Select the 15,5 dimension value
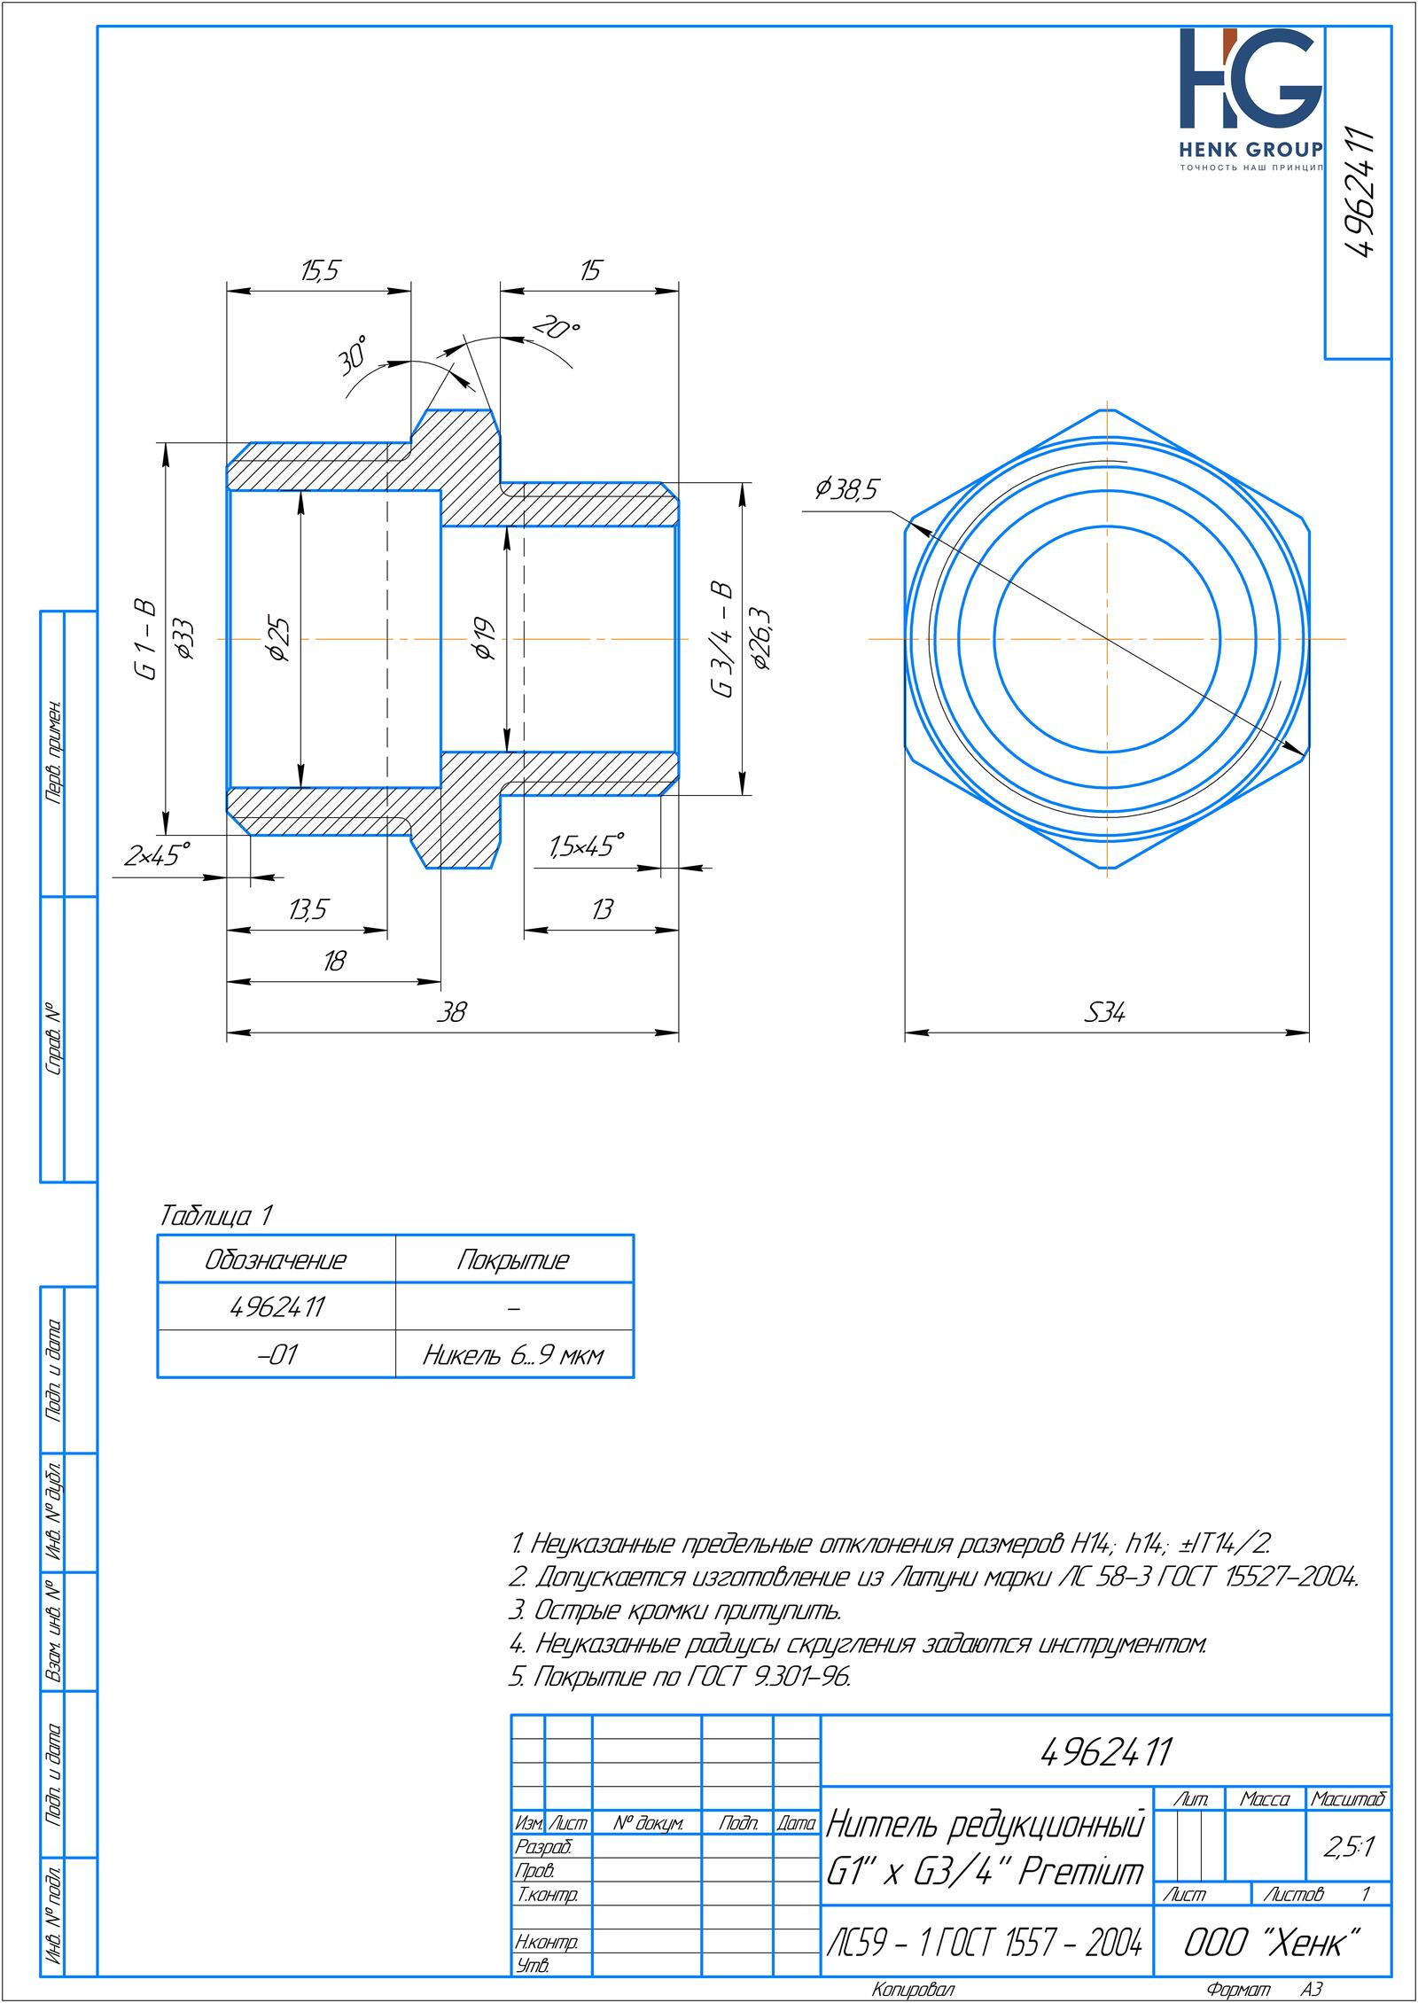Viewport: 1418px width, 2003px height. [320, 271]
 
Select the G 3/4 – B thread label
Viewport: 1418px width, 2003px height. [722, 639]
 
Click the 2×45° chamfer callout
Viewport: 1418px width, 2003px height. [158, 856]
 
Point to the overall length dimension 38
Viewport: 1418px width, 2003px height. [452, 1012]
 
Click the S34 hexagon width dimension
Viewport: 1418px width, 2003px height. [1105, 1012]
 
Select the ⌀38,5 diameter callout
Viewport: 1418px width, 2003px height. [846, 489]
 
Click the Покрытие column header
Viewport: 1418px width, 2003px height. [513, 1260]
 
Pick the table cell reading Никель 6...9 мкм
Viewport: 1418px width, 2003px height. [513, 1356]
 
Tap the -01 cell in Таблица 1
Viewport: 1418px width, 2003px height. [277, 1356]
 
